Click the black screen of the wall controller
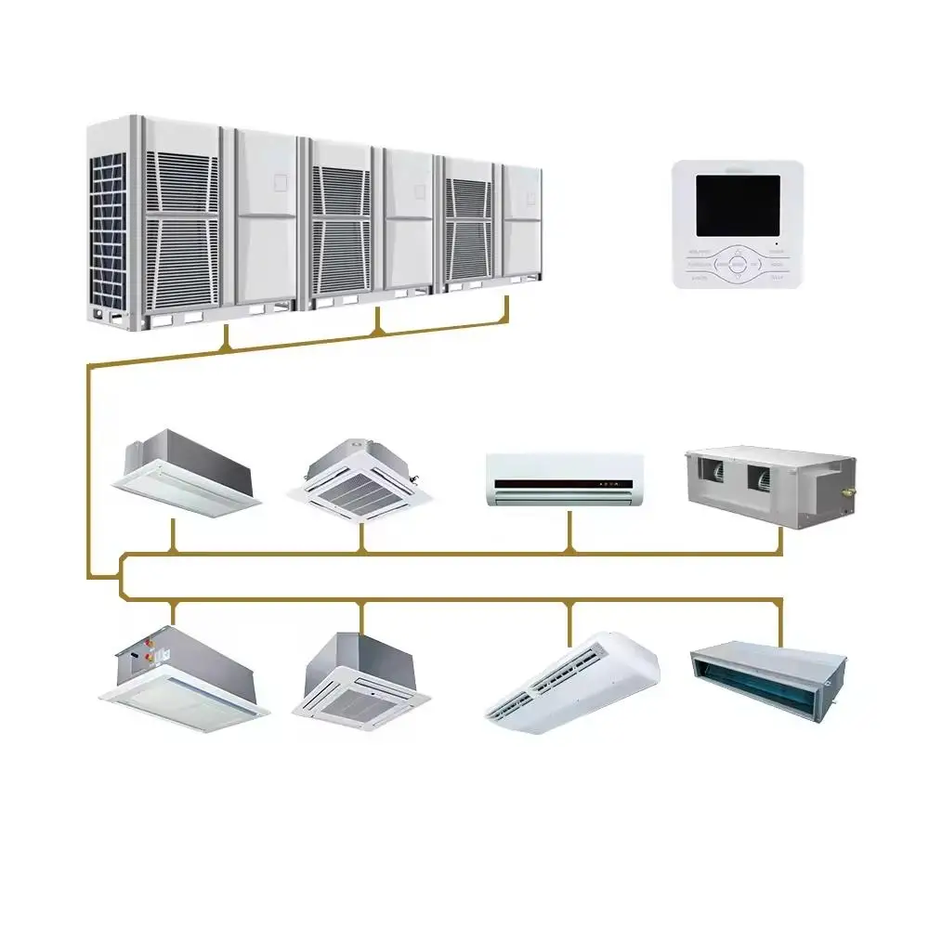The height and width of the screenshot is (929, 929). [x=739, y=205]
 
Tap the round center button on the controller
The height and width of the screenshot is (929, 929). [x=738, y=264]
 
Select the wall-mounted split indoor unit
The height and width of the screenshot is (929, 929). [x=564, y=479]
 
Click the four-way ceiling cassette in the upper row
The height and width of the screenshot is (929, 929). [x=362, y=478]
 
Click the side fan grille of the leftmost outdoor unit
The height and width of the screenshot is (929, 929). [x=107, y=232]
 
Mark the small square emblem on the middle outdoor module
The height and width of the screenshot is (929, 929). [x=419, y=191]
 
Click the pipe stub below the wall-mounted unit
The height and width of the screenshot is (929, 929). [x=570, y=530]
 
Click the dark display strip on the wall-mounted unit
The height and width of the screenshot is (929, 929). [x=564, y=484]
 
